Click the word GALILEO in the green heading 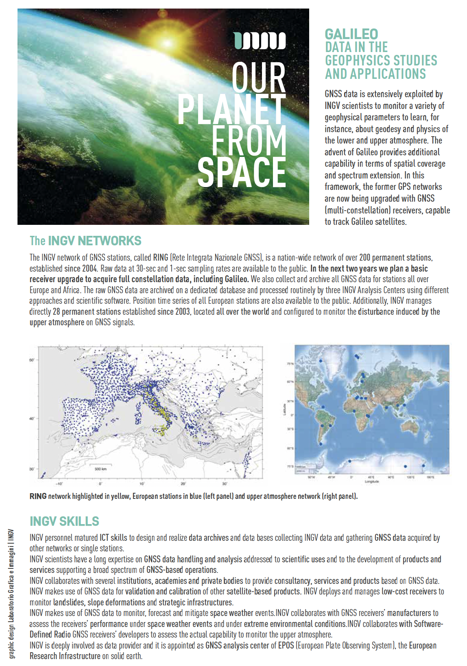351,34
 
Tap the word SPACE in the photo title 242,172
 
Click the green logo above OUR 260,41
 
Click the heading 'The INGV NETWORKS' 85,241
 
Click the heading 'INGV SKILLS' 64,521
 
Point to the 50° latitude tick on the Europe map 32,360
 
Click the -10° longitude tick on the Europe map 59,484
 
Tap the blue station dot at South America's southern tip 321,444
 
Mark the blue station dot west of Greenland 321,361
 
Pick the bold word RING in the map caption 38,496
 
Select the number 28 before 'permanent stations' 56,312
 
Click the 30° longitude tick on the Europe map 225,484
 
